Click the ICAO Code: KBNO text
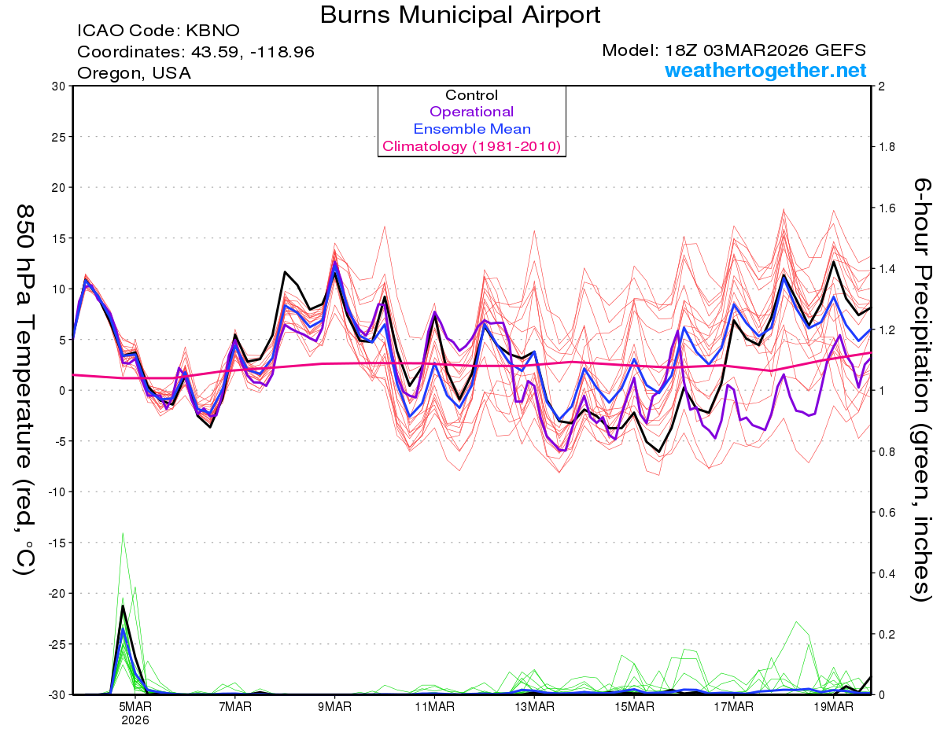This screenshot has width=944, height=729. coord(158,31)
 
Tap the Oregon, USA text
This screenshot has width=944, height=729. coord(134,73)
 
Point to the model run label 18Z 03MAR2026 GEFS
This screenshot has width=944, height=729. coord(734,51)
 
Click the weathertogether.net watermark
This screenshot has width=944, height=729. coord(765,71)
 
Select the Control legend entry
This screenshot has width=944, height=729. coord(471,95)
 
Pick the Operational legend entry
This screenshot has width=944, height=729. coord(471,112)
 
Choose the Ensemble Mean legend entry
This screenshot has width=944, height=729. coord(472,129)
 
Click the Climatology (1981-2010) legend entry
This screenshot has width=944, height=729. coord(471,146)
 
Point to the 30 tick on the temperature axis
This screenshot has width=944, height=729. coord(58,87)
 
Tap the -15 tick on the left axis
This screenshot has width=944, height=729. coord(55,543)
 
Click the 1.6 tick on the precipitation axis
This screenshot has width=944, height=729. coord(886,208)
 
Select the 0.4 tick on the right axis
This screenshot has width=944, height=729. coord(886,573)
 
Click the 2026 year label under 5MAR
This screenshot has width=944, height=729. coord(135,720)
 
